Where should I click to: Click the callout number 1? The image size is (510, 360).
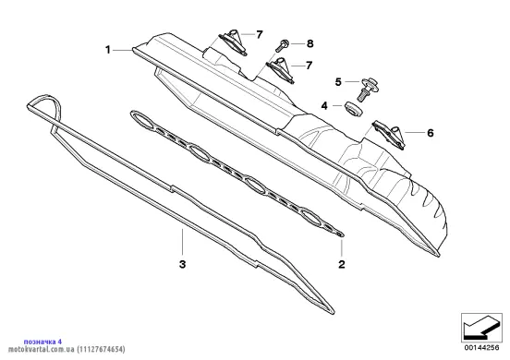[108, 50]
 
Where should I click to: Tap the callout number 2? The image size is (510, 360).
[342, 264]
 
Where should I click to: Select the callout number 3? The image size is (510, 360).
[182, 264]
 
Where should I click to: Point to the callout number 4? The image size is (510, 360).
[324, 106]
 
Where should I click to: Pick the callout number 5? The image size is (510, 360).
[338, 82]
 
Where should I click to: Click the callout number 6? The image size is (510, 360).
[431, 133]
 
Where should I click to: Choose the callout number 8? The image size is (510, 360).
[310, 43]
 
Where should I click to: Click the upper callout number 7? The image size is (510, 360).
[259, 34]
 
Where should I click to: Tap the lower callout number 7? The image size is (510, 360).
[309, 66]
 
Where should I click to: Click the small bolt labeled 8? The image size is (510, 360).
[283, 45]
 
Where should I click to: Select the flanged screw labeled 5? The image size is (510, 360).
[369, 89]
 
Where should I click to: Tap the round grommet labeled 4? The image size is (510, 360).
[353, 109]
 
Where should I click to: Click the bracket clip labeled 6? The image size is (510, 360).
[389, 135]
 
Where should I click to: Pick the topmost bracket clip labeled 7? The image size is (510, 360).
[233, 42]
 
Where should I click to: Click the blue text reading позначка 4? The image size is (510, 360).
[42, 342]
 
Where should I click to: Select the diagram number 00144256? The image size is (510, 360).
[481, 348]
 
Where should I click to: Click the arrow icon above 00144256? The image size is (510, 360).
[481, 327]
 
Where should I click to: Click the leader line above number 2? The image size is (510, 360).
[342, 247]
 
